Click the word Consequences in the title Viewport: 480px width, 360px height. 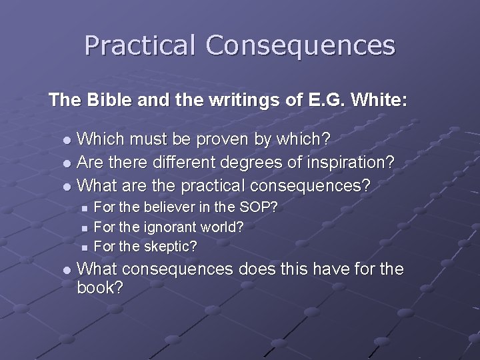coord(300,45)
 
